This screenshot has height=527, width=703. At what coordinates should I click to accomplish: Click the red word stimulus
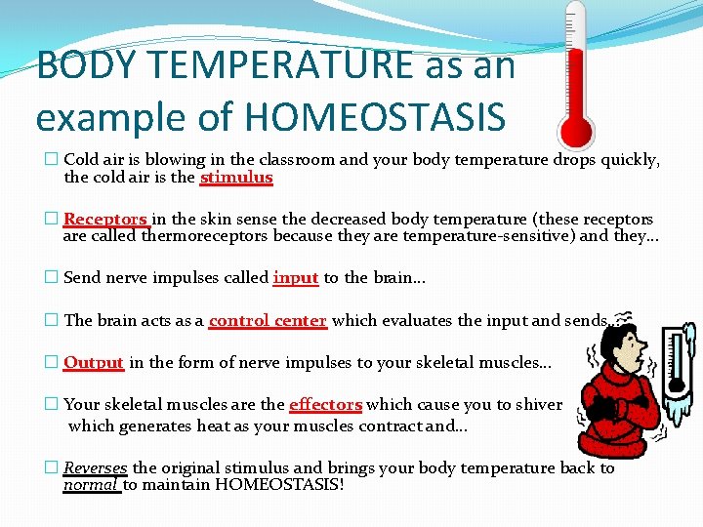coord(236,178)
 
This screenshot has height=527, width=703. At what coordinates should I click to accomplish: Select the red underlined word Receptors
coord(105,220)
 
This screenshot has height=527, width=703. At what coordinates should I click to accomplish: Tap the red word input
coord(296,278)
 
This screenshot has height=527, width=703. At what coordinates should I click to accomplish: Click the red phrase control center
coord(268,320)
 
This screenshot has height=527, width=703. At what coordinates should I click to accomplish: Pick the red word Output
coord(94,362)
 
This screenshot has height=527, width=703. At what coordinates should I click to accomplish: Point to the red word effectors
coord(326,404)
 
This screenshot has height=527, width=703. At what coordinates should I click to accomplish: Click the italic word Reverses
coord(96,467)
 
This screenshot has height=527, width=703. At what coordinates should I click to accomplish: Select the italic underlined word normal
coord(91,484)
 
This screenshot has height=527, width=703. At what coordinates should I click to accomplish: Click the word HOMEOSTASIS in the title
coord(376,116)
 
